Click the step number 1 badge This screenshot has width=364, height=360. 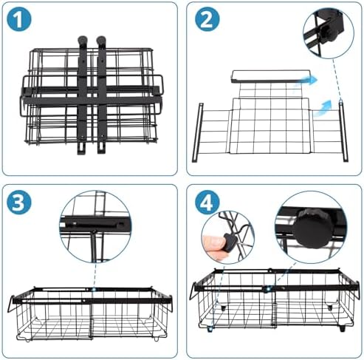[x=19, y=19]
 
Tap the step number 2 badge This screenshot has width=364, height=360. [x=207, y=19]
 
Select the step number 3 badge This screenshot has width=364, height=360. [x=19, y=203]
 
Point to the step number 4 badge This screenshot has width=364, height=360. [x=207, y=203]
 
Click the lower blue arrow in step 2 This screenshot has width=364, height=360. [x=323, y=108]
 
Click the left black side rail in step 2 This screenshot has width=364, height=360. [x=197, y=132]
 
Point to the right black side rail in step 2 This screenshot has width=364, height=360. [x=343, y=132]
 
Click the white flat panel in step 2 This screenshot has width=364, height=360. [x=271, y=76]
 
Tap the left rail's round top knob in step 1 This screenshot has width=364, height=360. [x=83, y=40]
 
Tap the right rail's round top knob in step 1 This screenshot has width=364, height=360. [x=101, y=40]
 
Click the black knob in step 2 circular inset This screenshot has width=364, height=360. [x=328, y=34]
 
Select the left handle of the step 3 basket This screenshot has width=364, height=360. [x=10, y=304]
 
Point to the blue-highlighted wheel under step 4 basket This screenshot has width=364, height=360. [x=210, y=329]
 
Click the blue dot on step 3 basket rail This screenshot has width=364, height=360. [x=94, y=289]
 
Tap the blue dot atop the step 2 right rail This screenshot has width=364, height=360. [x=341, y=101]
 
